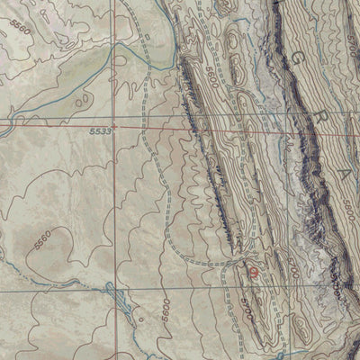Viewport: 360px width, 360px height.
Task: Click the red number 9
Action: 253,274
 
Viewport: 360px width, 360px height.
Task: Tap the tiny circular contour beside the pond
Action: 139,318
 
